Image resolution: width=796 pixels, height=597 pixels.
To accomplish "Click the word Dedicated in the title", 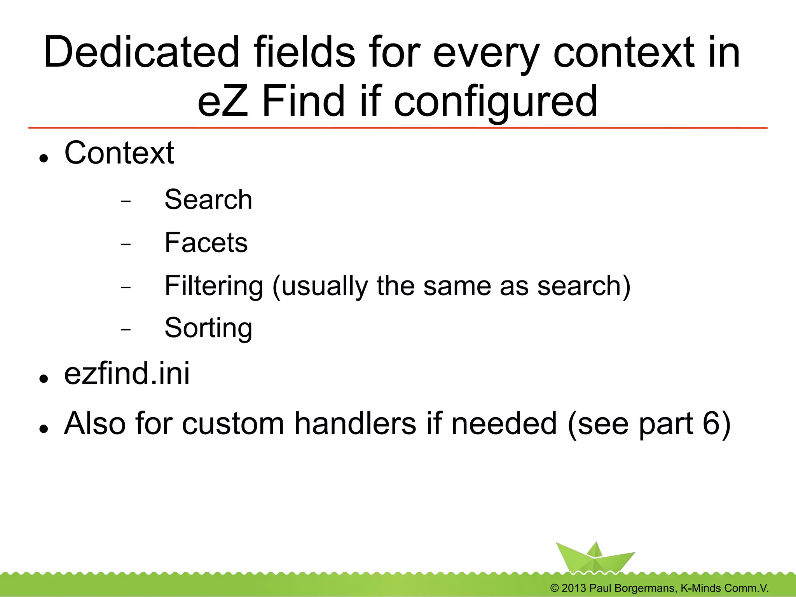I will point(141,52).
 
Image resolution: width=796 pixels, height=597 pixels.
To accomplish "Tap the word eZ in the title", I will point(222,101).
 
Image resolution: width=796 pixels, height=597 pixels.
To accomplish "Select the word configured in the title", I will point(496,102).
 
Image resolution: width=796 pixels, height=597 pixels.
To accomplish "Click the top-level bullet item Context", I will point(119,153).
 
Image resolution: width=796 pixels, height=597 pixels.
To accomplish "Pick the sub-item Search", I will point(208,200).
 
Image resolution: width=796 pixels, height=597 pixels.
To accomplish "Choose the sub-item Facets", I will point(206,243).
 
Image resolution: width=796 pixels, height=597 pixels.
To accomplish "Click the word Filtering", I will point(214,286).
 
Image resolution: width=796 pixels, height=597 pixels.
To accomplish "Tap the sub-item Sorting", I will point(208,328).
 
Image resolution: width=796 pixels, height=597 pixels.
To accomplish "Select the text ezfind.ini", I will point(127,374).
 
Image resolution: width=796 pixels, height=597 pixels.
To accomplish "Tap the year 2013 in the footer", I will point(574,588).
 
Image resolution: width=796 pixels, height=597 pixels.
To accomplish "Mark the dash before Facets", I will point(126,244).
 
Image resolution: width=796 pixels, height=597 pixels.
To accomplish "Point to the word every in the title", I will point(486,52).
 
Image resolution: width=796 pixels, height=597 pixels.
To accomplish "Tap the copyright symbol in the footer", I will point(554,588).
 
